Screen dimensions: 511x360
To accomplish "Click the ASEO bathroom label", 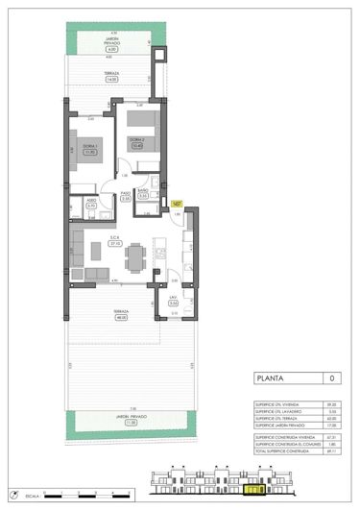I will point(90,203).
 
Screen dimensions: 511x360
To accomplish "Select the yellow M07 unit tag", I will point(177,203).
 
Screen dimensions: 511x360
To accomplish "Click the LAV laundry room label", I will point(173,301).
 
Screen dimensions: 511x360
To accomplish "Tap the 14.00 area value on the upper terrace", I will point(112,79).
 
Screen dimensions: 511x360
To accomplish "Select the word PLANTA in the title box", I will point(271,378).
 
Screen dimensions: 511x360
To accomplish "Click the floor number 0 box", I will point(332,378).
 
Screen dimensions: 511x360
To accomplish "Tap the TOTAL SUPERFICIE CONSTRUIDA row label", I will point(281,450).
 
